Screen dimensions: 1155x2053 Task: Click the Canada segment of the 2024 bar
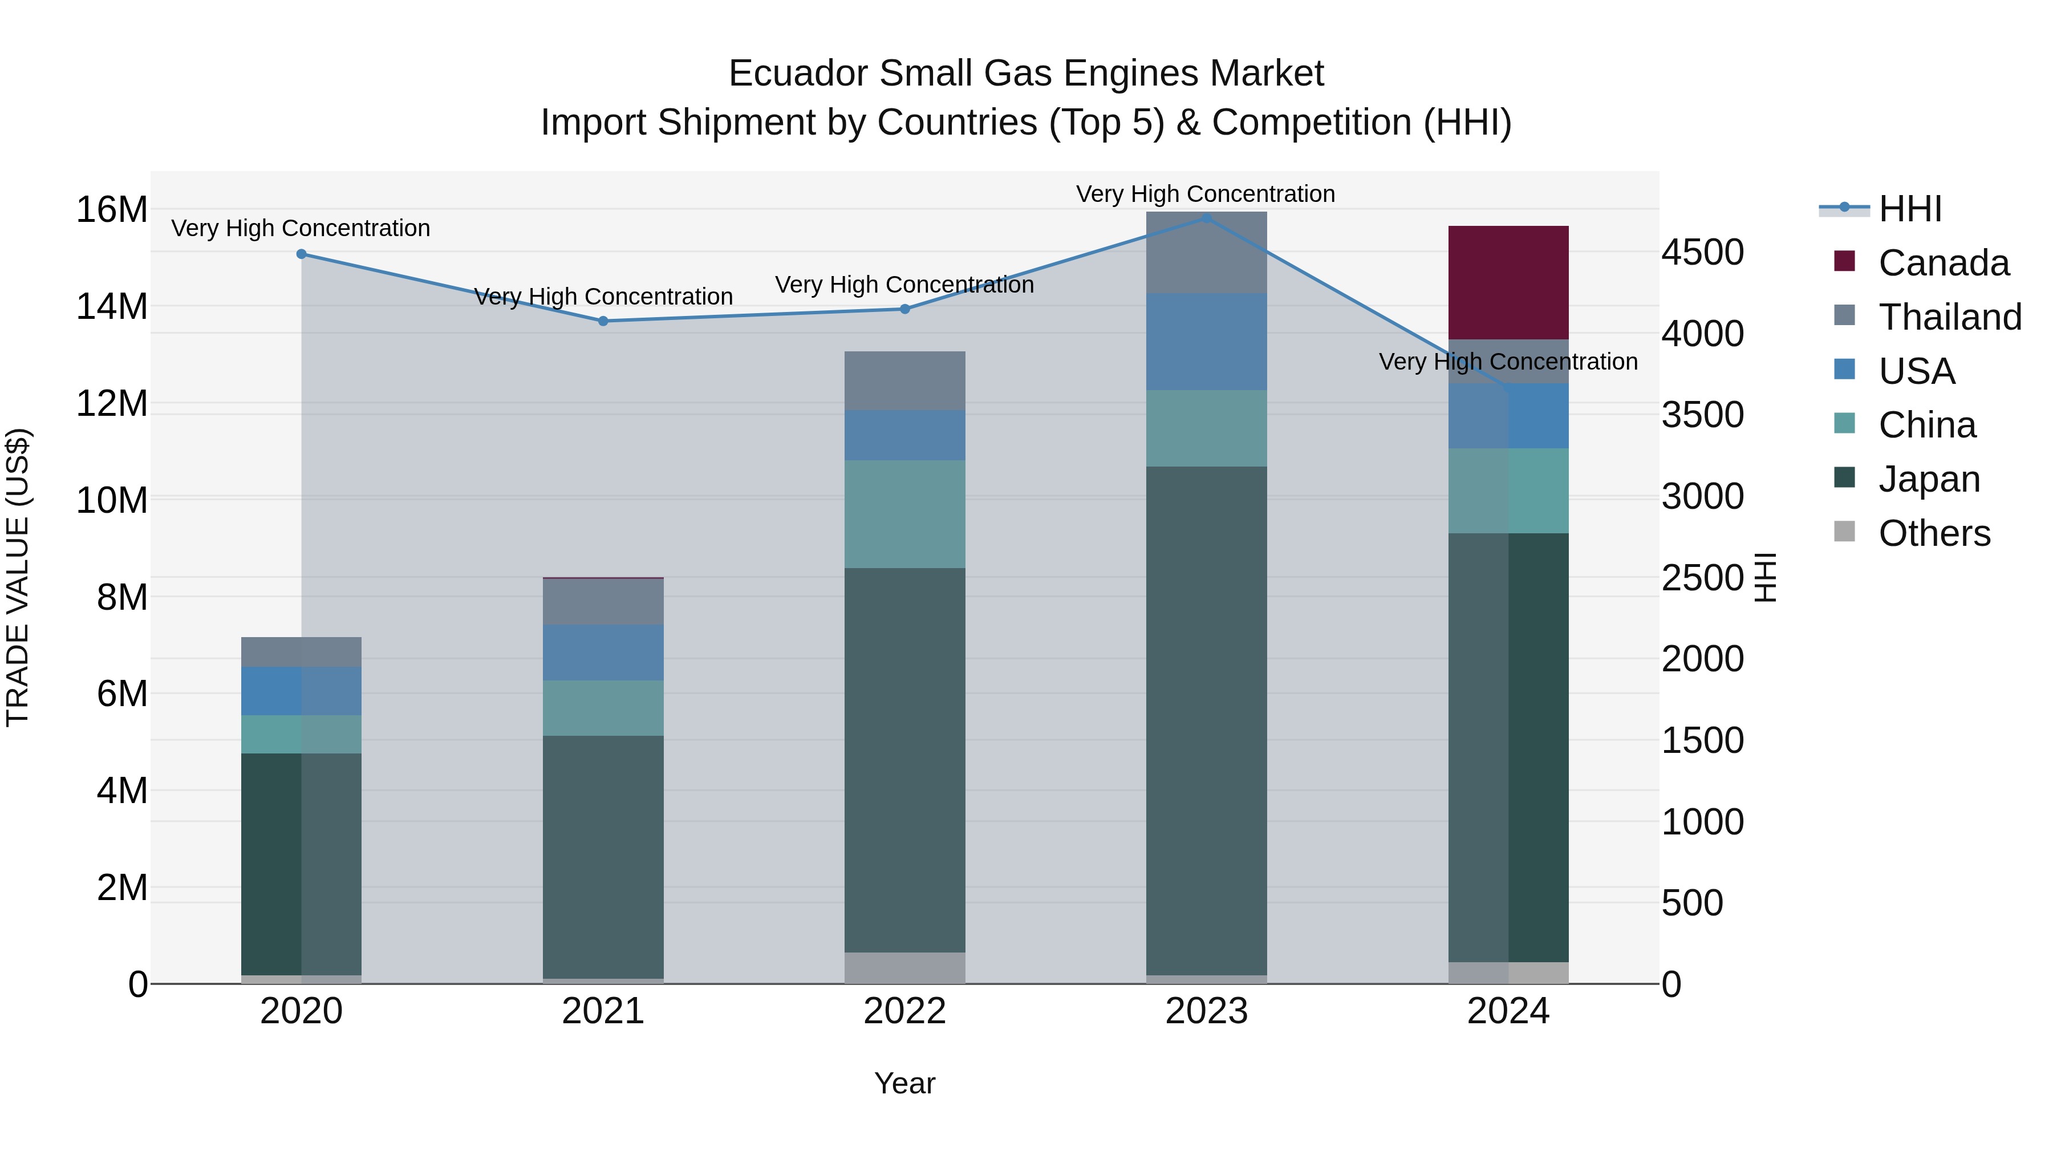pyautogui.click(x=1508, y=282)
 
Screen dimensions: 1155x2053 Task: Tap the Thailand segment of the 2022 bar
pyautogui.click(x=904, y=380)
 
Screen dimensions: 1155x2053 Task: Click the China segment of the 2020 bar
pyautogui.click(x=301, y=734)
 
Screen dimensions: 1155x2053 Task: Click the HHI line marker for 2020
pyautogui.click(x=301, y=254)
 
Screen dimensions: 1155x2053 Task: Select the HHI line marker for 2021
pyautogui.click(x=603, y=321)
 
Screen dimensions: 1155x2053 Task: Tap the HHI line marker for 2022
pyautogui.click(x=904, y=309)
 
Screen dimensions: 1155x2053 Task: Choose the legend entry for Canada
pyautogui.click(x=1943, y=263)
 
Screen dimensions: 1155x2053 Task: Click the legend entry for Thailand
pyautogui.click(x=1949, y=317)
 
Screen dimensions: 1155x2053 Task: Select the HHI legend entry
pyautogui.click(x=1909, y=209)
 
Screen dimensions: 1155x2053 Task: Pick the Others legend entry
pyautogui.click(x=1933, y=533)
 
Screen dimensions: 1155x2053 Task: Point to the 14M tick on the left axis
pyautogui.click(x=112, y=307)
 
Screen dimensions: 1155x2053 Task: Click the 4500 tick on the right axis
pyautogui.click(x=1702, y=253)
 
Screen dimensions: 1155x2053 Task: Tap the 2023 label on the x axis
pyautogui.click(x=1206, y=1011)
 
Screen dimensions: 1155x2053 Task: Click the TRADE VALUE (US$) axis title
pyautogui.click(x=18, y=577)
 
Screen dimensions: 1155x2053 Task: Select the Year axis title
pyautogui.click(x=904, y=1083)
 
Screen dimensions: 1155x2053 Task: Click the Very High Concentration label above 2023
pyautogui.click(x=1205, y=194)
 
